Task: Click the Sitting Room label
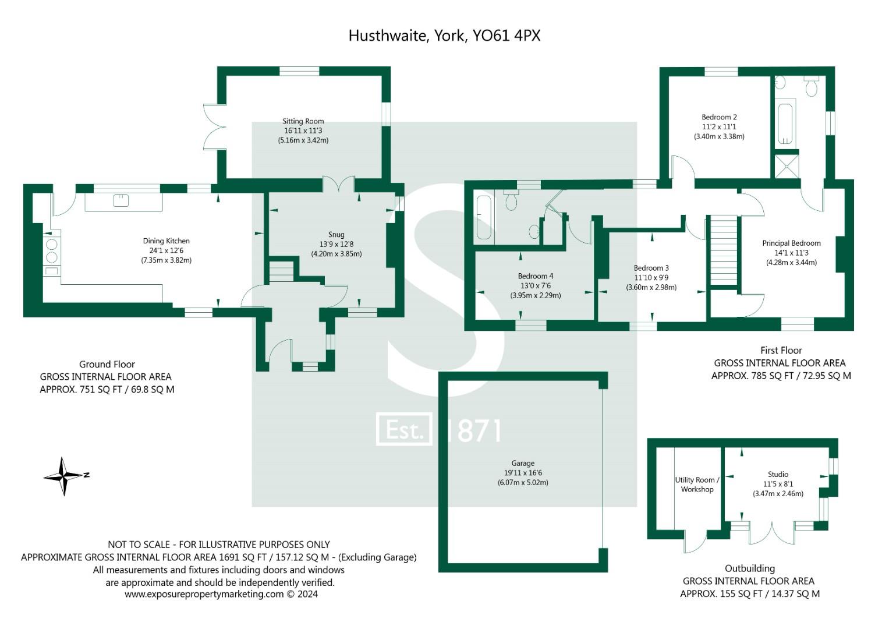tap(303, 122)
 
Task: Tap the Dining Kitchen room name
tap(166, 241)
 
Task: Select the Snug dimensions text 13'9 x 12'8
tap(336, 245)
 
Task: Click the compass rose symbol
tap(65, 476)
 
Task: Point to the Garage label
tap(522, 464)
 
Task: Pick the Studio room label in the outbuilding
tap(778, 475)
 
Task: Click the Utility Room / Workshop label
tap(697, 485)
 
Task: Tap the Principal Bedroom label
tap(791, 243)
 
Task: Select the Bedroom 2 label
tap(719, 117)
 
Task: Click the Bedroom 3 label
tap(651, 268)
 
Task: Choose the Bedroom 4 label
tap(535, 276)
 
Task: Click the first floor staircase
tap(722, 250)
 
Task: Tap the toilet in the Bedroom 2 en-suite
tap(811, 86)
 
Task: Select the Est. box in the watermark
tap(404, 430)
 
